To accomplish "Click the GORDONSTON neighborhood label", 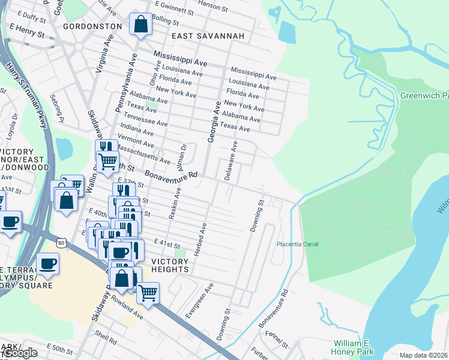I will click(88, 27).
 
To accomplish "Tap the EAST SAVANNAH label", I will click(208, 37).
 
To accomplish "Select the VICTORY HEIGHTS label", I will click(170, 265).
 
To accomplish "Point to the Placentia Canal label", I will click(297, 244).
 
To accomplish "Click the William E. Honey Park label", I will click(354, 347).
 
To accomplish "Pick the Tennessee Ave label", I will click(143, 118).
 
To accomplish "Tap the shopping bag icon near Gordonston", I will click(140, 25).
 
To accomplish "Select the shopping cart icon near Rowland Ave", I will click(148, 293).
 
